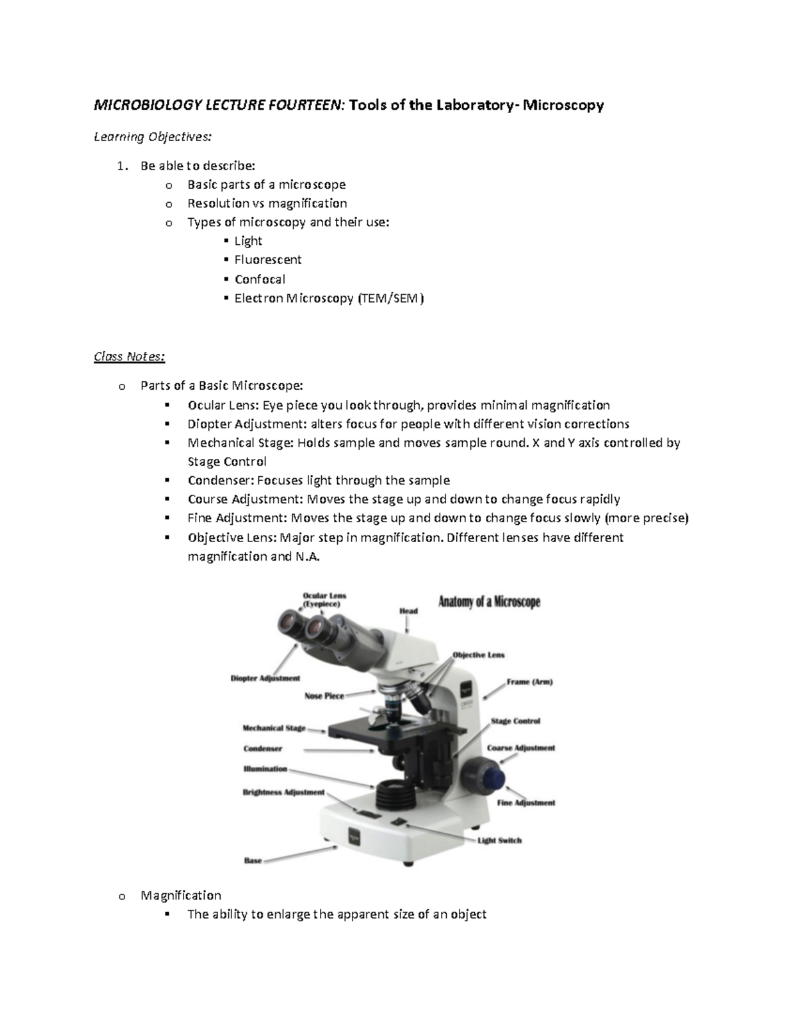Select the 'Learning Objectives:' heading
153,137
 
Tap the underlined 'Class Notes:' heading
129,357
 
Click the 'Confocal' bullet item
259,279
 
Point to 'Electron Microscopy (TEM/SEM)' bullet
329,298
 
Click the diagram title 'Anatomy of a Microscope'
489,603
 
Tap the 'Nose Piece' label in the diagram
324,696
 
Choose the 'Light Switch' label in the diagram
499,840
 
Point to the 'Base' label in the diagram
253,860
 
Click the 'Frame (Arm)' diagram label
529,682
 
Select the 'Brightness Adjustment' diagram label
283,792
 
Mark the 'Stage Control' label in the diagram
515,721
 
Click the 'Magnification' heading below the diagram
181,895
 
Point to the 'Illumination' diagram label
265,769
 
